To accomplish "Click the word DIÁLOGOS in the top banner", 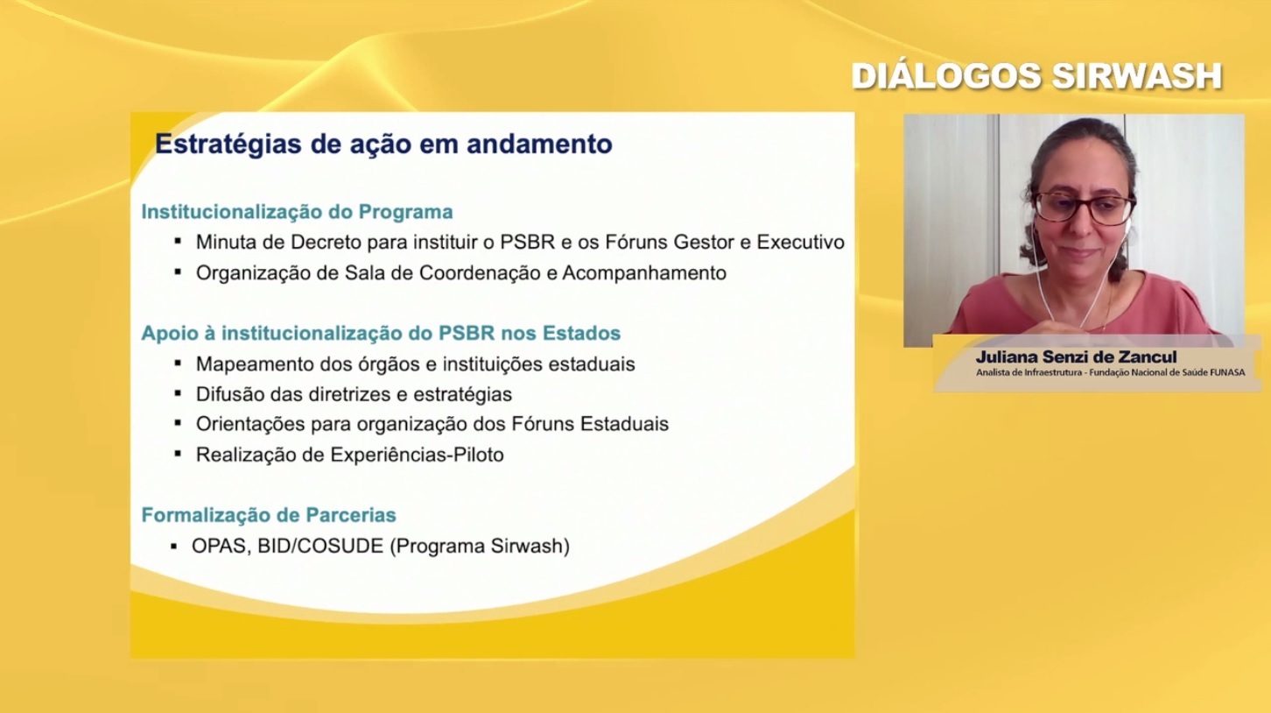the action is tap(946, 76).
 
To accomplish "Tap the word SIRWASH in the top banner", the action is tap(1136, 76).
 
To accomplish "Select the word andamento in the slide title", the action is tap(539, 144).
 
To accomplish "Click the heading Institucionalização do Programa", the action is tap(297, 212).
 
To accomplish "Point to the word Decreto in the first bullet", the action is tap(327, 242).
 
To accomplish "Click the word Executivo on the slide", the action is tap(801, 242).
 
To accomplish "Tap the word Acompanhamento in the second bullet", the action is tap(644, 273).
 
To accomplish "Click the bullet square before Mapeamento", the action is tap(178, 363).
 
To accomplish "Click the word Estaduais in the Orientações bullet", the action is tap(624, 424).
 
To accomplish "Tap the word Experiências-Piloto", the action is tap(417, 455).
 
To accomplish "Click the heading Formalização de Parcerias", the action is tap(269, 515).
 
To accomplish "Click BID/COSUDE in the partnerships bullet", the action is tap(320, 546).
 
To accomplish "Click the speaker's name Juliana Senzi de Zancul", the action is tap(1077, 356).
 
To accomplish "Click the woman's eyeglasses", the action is tap(1083, 208).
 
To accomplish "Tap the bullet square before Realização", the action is tap(178, 454).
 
